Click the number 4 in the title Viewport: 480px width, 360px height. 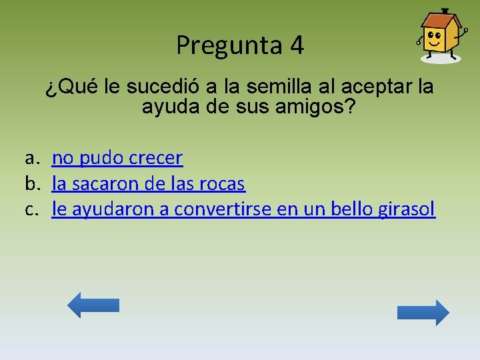click(297, 45)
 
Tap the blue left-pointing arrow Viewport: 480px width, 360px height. click(93, 305)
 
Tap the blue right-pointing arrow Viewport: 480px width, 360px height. click(423, 313)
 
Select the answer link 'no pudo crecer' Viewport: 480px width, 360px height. click(117, 158)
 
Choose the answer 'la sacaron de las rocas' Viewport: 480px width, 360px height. click(148, 183)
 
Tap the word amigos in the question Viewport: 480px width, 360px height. click(313, 107)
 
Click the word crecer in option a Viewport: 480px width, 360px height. click(156, 158)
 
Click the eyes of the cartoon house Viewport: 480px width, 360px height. click(434, 35)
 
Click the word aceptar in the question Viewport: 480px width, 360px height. click(376, 87)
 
